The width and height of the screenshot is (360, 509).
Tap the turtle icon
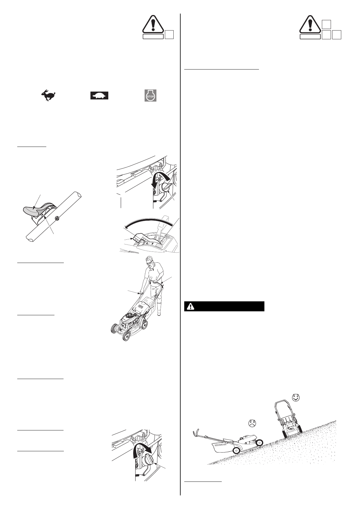point(99,96)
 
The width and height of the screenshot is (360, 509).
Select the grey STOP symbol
point(150,96)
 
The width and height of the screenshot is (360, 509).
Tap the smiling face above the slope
point(296,397)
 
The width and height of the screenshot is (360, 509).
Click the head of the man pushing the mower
point(149,261)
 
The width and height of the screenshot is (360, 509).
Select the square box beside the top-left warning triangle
point(169,35)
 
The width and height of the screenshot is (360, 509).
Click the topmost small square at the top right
point(326,24)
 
